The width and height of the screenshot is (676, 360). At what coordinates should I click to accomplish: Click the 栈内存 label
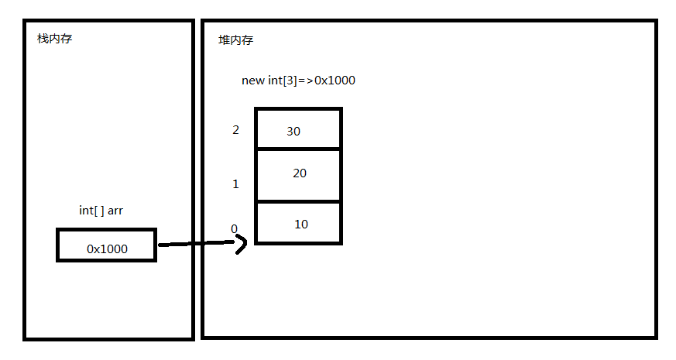54,39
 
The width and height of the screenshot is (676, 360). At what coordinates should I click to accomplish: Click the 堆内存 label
235,40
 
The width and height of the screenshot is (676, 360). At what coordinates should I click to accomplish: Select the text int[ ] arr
101,211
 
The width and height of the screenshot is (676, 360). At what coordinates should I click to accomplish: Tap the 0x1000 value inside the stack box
107,249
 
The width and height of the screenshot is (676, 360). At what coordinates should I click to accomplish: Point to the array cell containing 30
298,129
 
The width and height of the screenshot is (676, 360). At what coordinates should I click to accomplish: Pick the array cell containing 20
298,175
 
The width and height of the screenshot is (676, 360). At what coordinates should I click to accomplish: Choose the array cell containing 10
298,223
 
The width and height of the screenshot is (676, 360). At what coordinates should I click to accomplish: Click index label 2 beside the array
235,130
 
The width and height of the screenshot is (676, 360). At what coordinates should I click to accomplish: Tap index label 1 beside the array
235,184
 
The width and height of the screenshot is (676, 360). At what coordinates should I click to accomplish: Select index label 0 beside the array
234,228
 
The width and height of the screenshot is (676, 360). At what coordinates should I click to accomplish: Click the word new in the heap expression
252,81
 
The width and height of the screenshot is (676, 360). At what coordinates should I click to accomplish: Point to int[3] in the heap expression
283,81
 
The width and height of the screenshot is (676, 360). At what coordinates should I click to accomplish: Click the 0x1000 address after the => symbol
335,81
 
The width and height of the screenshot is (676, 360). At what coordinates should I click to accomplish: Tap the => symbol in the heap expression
306,81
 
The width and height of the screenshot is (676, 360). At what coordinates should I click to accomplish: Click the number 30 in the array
293,131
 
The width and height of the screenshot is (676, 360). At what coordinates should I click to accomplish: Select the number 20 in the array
300,173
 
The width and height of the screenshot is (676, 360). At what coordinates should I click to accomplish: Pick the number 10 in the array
301,225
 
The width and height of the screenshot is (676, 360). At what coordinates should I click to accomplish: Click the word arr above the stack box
115,211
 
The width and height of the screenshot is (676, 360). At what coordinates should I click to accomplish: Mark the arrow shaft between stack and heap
197,244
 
